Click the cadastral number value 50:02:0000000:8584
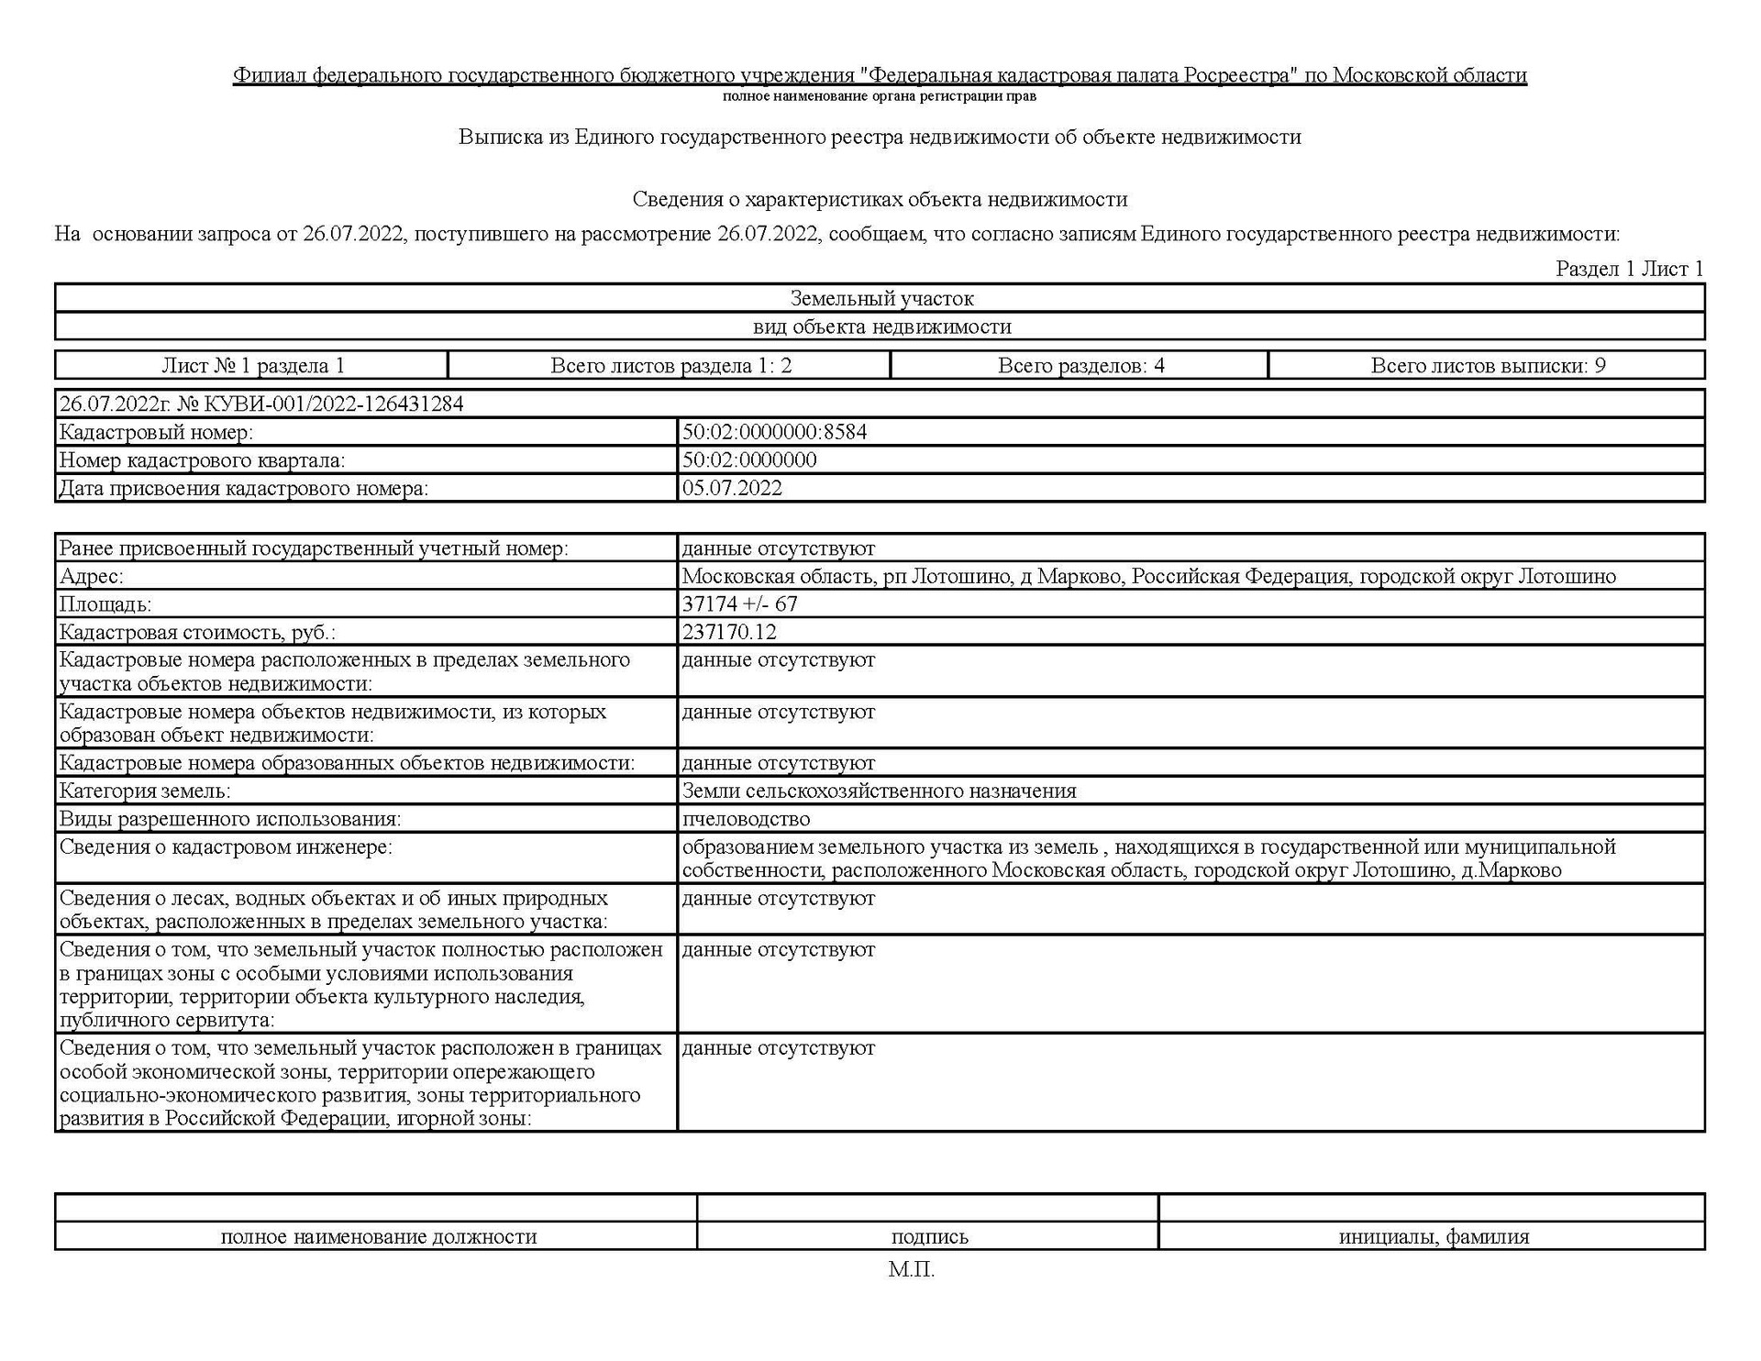click(x=773, y=432)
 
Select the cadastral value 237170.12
click(x=729, y=632)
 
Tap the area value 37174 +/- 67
click(x=739, y=604)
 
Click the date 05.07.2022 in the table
click(x=731, y=488)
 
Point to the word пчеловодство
click(x=746, y=819)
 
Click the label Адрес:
click(x=91, y=577)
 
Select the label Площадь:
click(x=105, y=604)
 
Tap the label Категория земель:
click(x=145, y=791)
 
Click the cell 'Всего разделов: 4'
click(x=1080, y=366)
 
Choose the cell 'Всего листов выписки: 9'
click(x=1488, y=366)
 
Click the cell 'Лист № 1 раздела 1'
click(x=252, y=366)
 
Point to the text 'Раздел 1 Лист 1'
click(x=1629, y=269)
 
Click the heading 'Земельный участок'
click(x=881, y=299)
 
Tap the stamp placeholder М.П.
click(x=911, y=1270)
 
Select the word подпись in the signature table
click(x=929, y=1237)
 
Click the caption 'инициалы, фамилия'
click(x=1434, y=1237)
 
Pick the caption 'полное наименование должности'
click(x=378, y=1237)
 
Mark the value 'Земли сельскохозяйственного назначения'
click(x=879, y=791)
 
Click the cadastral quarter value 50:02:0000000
click(x=748, y=460)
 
